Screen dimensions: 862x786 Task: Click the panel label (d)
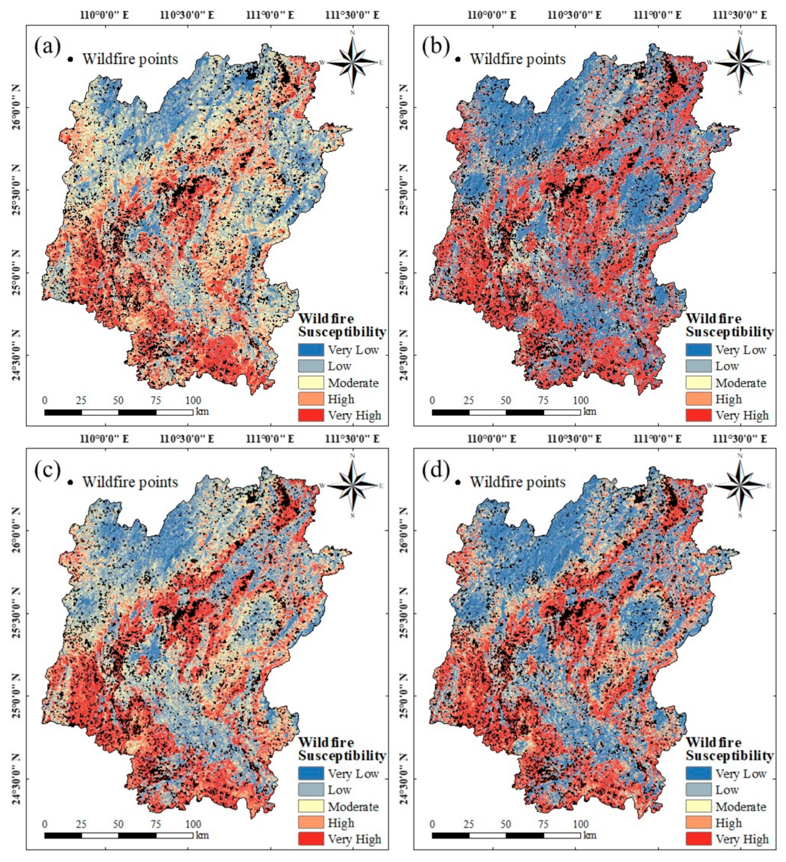435,470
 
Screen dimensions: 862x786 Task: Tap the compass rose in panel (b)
740,62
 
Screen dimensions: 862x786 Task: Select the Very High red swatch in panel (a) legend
311,415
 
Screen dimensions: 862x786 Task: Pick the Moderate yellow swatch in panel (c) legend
311,806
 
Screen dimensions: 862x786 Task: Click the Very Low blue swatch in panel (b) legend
699,350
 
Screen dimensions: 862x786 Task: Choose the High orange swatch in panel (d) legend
699,823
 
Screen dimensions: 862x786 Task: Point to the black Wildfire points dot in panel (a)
70,59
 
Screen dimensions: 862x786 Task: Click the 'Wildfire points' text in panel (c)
130,482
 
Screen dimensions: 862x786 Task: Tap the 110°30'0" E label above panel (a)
187,15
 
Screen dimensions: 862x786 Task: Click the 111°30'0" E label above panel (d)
740,439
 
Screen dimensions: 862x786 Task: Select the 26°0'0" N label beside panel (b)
404,107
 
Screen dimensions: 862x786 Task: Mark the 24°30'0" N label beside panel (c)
16,778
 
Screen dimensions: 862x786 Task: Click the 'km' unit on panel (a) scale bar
202,411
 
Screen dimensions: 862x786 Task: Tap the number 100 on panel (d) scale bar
581,824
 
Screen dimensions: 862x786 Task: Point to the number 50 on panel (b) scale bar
506,400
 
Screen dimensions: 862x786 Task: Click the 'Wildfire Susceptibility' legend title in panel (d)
729,749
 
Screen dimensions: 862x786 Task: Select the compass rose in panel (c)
353,485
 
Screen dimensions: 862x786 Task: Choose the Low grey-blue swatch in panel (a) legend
311,366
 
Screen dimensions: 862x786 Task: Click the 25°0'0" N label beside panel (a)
16,273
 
